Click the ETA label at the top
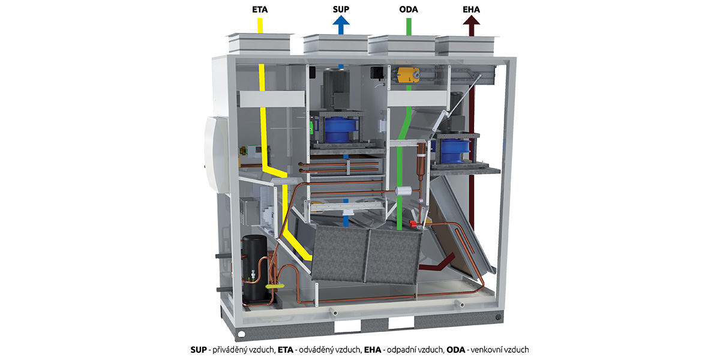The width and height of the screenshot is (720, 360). click(260, 10)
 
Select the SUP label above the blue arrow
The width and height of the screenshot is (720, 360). click(341, 10)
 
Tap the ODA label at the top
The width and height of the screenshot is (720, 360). click(409, 10)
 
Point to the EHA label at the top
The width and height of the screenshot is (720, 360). click(471, 10)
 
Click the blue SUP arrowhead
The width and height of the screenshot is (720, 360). click(341, 20)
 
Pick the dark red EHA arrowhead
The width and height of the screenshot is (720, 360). click(471, 20)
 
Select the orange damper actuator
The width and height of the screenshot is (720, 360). click(408, 74)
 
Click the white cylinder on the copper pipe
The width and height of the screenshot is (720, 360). click(403, 191)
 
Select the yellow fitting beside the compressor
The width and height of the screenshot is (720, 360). click(275, 286)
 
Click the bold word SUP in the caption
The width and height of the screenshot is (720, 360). click(199, 350)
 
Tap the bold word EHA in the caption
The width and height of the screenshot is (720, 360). click(373, 350)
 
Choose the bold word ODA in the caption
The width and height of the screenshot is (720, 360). click(456, 350)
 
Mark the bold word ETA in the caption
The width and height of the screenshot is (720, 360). click(286, 350)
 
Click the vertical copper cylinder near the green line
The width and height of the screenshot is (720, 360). click(421, 159)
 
